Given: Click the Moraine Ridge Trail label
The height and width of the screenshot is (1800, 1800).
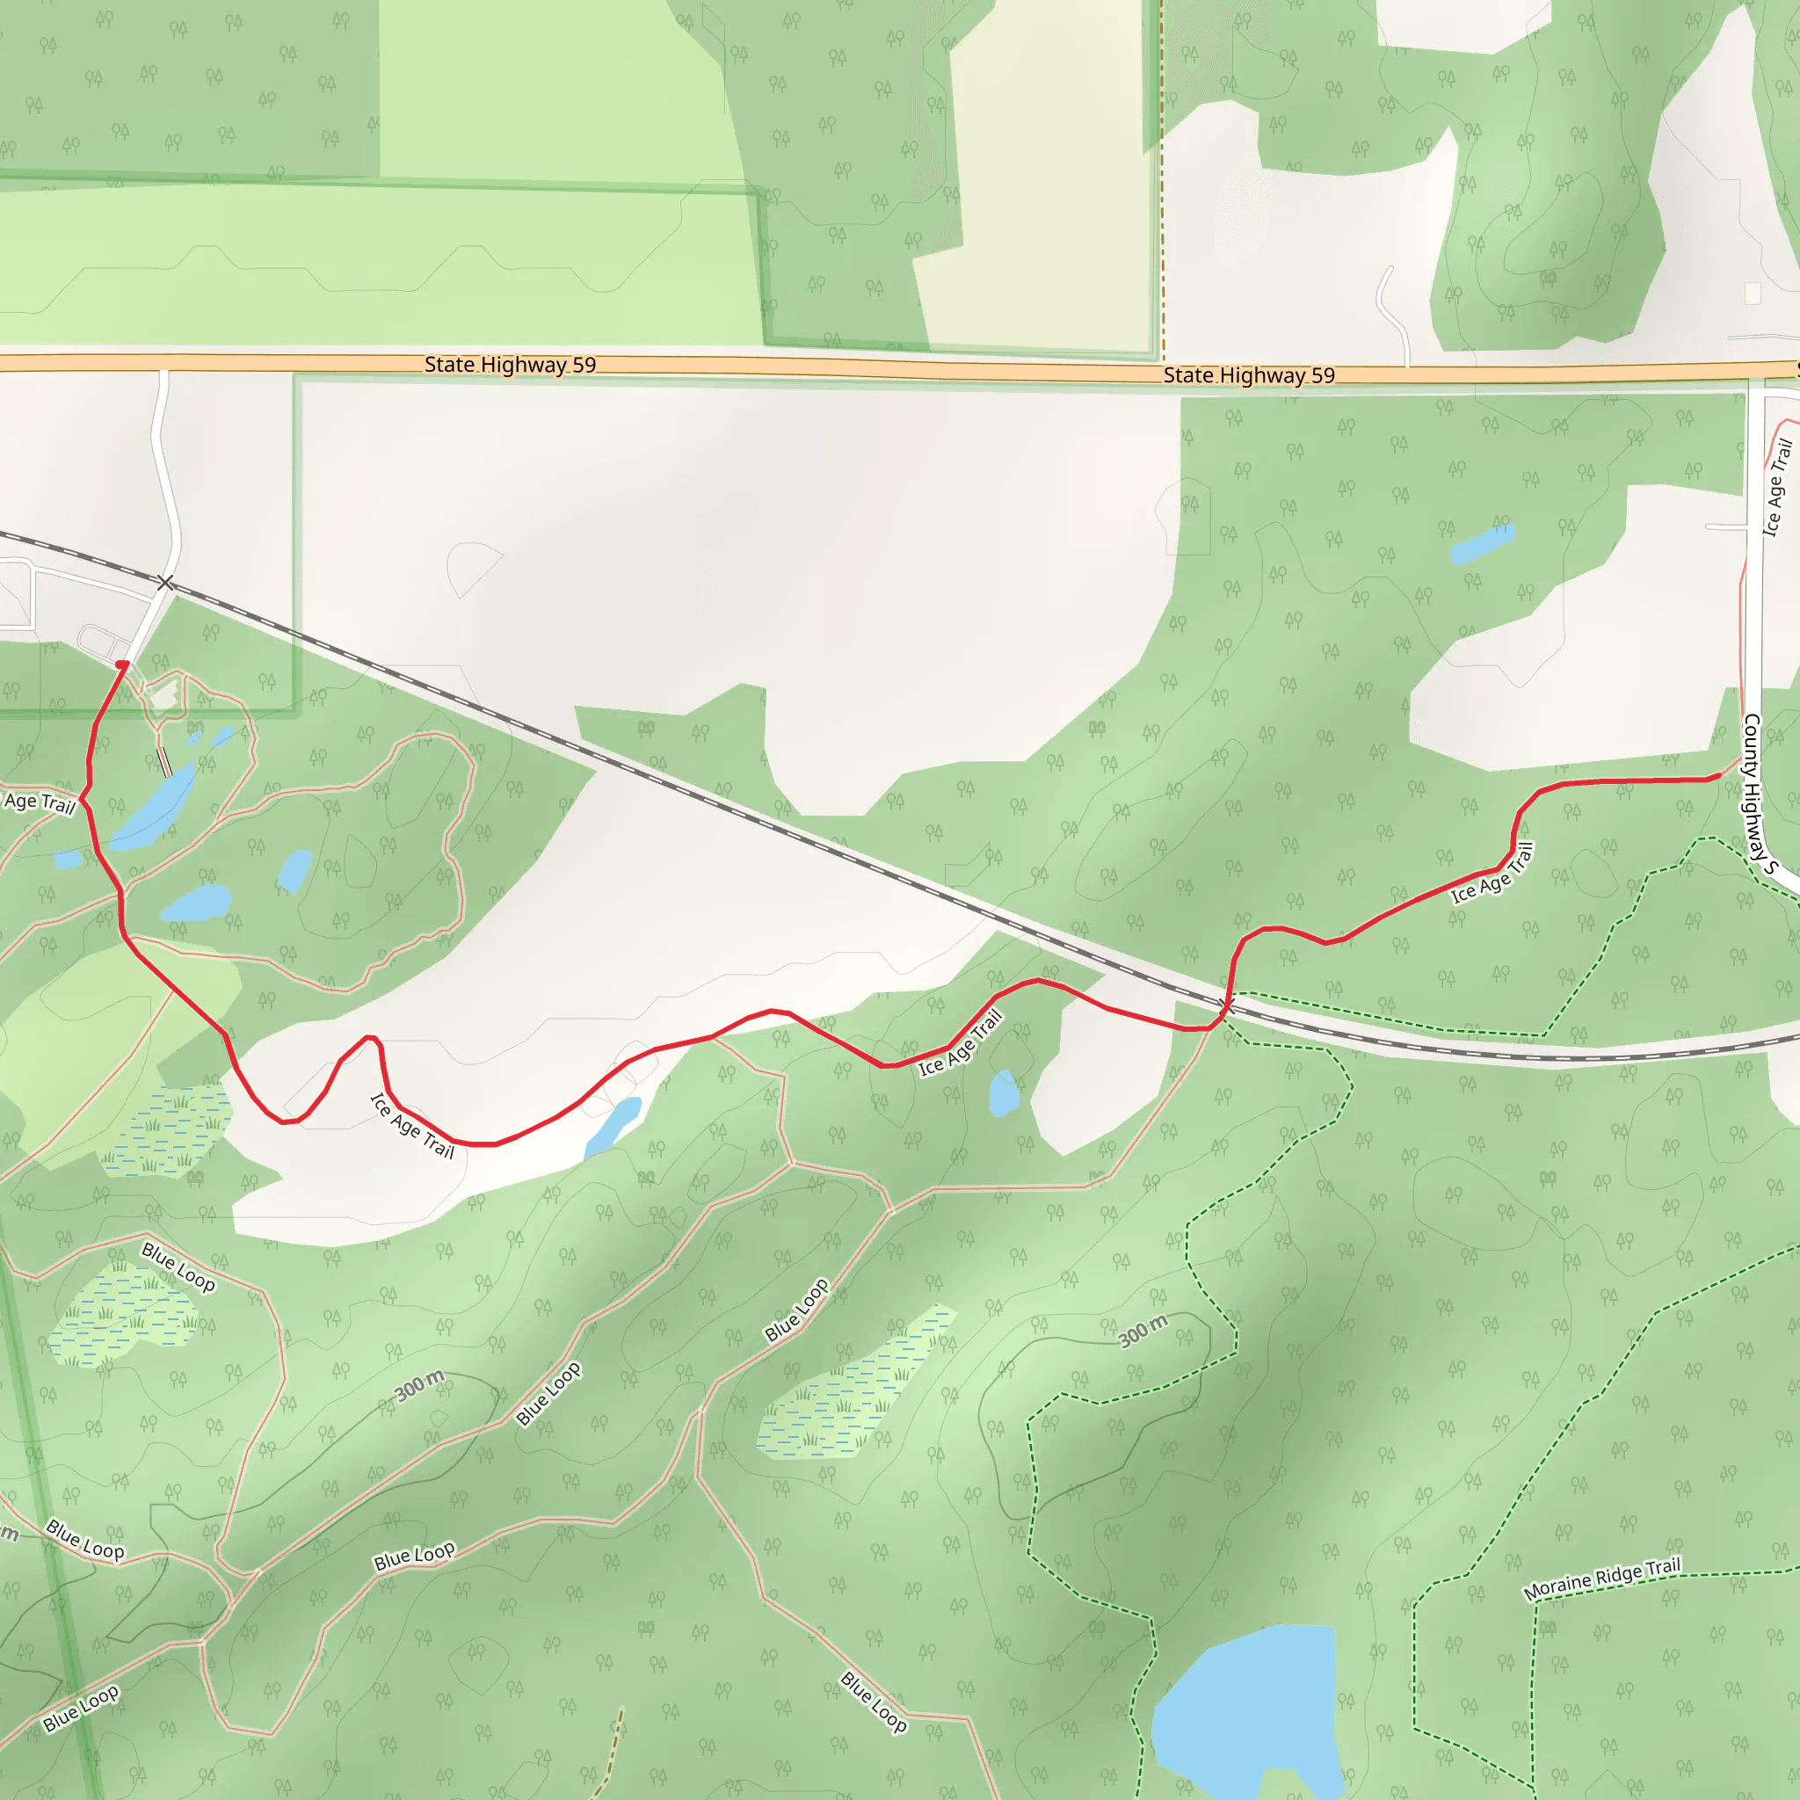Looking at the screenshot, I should point(1601,1579).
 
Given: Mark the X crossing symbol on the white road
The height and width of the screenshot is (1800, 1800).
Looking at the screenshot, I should point(166,584).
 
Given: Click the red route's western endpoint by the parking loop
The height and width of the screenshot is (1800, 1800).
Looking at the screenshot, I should point(122,664).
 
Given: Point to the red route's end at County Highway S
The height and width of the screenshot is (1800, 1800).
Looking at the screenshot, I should point(1719,775).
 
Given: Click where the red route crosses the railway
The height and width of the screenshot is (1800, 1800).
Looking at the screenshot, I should point(1227,1005).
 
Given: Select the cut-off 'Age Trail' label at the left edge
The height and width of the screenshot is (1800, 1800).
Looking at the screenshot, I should point(40,802).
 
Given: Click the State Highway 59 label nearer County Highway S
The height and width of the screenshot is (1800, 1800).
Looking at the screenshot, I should point(1248,375).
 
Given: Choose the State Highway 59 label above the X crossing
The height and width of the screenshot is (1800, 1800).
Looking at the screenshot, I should point(510,364).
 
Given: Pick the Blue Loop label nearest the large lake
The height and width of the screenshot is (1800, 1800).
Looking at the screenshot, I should point(873,1702).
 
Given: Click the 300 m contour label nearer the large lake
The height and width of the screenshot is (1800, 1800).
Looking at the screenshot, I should point(1143,1331).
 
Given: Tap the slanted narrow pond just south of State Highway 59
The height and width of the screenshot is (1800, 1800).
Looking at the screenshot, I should point(1481,543).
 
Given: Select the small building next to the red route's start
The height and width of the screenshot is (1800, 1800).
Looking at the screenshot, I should point(165,694).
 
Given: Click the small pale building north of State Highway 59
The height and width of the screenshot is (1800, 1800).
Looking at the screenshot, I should point(1753,294).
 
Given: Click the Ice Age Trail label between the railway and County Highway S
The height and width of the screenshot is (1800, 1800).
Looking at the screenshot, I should point(1492,873).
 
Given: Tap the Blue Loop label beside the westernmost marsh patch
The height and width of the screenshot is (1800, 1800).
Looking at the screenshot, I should point(178,1267).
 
